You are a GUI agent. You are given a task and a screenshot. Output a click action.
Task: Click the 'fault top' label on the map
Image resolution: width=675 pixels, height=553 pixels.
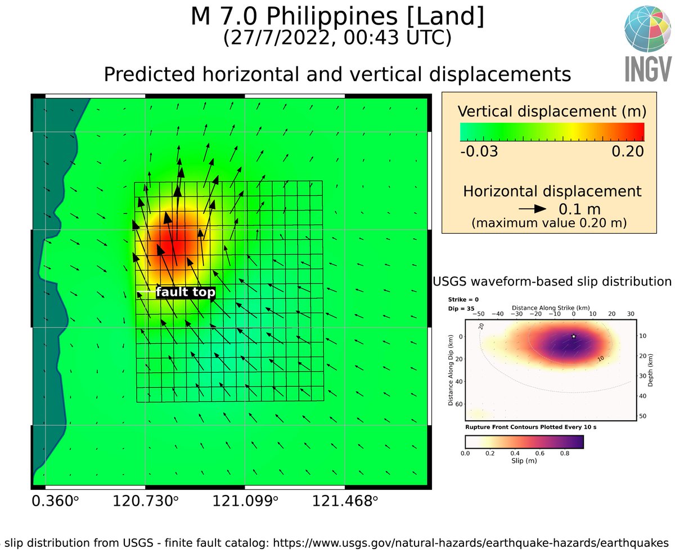point(185,292)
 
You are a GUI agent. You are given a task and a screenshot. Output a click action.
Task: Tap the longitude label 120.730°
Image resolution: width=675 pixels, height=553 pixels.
point(146,501)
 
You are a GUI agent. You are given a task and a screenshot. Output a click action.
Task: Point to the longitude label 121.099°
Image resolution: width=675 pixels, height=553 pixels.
point(245,501)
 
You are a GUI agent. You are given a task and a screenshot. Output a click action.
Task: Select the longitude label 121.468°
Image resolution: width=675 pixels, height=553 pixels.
point(345,501)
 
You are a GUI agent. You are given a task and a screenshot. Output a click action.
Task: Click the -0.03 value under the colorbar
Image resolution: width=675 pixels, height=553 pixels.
point(479,151)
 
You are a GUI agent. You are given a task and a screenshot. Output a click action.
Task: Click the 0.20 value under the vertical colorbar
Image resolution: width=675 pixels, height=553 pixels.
point(627,151)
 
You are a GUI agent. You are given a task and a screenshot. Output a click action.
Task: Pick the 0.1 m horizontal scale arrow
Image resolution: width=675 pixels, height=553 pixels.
point(533,208)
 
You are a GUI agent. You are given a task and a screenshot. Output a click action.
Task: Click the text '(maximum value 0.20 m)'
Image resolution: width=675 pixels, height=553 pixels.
point(549,223)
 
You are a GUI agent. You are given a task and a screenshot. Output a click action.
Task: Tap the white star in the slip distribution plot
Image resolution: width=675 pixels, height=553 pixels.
point(573,336)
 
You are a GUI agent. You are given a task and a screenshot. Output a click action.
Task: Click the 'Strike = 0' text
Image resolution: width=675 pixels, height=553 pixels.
point(462,300)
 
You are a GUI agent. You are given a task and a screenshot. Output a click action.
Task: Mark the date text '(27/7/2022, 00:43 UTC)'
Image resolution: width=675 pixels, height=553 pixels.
point(337,38)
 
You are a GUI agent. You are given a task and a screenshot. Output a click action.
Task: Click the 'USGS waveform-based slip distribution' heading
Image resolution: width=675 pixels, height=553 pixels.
point(552,281)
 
